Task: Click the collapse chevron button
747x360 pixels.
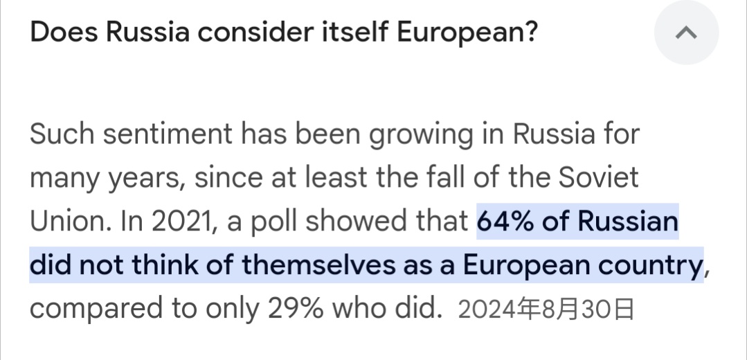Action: click(x=686, y=33)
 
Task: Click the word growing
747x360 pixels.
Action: click(x=420, y=134)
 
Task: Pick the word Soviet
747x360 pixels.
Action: click(x=597, y=178)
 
